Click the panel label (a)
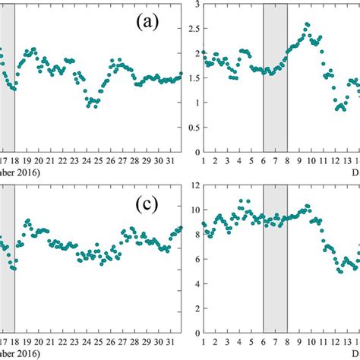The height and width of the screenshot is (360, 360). [147, 22]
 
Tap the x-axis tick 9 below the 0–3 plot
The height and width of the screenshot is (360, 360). [299, 161]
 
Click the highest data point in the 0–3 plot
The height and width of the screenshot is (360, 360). [307, 24]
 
